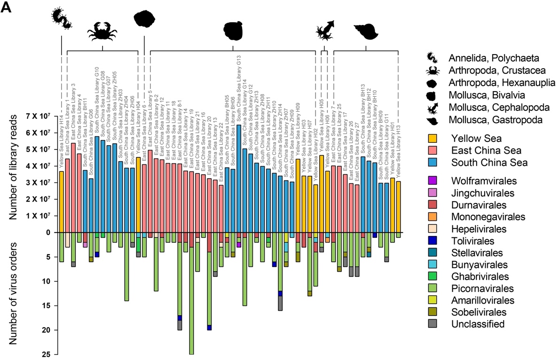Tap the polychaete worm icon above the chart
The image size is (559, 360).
[x=62, y=17]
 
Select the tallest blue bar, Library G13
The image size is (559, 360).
[x=238, y=178]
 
